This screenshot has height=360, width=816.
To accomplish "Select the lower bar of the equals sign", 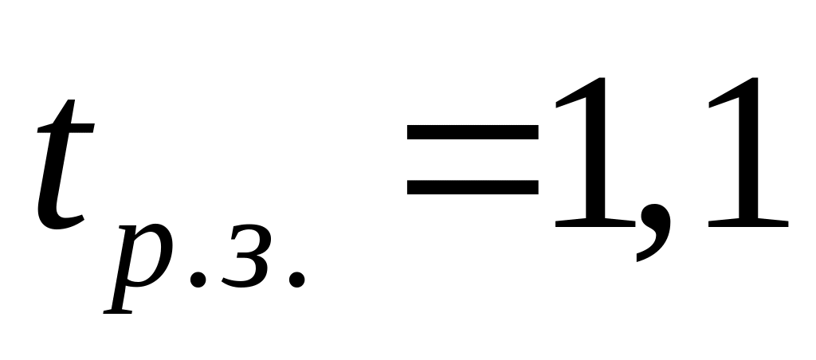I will point(471,189).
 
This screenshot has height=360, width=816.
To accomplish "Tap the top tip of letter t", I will point(72,104).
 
